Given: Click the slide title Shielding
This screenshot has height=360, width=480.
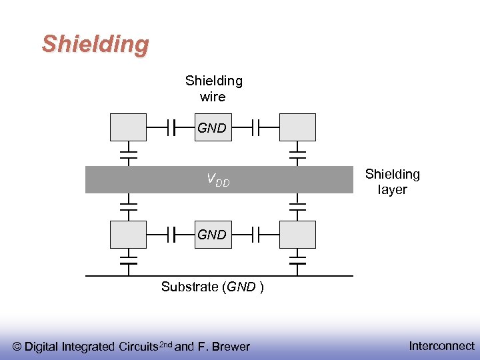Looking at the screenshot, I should (x=95, y=44).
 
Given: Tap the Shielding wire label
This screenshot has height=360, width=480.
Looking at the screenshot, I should (x=213, y=89).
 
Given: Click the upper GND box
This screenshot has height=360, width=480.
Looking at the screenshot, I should (x=212, y=128).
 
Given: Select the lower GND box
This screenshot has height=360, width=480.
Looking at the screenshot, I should (x=212, y=235).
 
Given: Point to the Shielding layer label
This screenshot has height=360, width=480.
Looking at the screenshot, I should (x=392, y=182).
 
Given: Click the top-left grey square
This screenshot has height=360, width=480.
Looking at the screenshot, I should (x=128, y=127).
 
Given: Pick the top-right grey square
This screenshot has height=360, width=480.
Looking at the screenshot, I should (x=297, y=127).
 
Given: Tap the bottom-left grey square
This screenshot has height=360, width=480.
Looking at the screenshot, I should (x=128, y=235).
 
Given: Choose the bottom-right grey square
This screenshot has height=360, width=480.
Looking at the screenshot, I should (x=297, y=235).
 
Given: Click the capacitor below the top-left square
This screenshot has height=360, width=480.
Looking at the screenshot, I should (x=128, y=155).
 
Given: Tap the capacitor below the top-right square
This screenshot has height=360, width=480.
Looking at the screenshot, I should (x=297, y=155).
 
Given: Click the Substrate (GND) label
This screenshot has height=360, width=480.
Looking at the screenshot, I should (x=212, y=287).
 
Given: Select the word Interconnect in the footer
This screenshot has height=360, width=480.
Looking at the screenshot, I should (x=441, y=345).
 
